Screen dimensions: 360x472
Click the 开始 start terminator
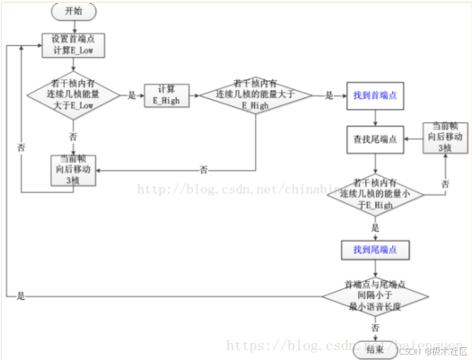(x=72, y=12)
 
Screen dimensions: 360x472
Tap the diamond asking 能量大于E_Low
(x=73, y=96)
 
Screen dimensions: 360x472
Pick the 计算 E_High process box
(x=166, y=95)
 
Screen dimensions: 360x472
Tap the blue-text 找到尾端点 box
(x=374, y=249)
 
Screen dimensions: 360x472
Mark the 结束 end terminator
(x=374, y=349)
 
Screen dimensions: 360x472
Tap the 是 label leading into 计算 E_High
(x=131, y=96)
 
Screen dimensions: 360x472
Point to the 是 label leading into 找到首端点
(x=329, y=96)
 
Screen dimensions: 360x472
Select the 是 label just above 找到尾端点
(x=374, y=227)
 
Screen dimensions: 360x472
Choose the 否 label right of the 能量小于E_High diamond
(x=445, y=184)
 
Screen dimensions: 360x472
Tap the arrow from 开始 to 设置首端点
(x=72, y=27)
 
